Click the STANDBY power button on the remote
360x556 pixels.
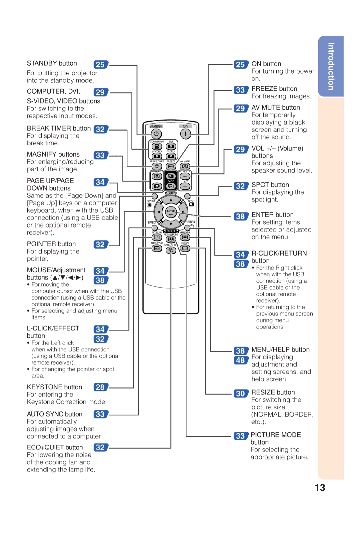coord(156,134)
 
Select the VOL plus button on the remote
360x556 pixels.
coord(185,176)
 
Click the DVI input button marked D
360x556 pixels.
coord(171,147)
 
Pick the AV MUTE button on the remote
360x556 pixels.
coord(185,166)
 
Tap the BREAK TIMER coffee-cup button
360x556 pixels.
coord(157,166)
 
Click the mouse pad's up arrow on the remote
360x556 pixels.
coord(171,200)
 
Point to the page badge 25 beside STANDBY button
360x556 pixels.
coord(101,65)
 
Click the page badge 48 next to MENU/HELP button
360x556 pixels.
coord(241,360)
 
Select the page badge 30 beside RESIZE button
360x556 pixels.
coord(241,393)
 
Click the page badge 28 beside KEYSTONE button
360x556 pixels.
coord(101,387)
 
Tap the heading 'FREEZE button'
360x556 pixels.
coord(274,89)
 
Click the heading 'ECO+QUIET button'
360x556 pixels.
coord(55,447)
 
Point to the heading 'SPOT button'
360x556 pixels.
coord(270,185)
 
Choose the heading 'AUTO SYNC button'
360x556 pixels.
coord(55,414)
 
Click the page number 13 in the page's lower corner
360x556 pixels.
coord(320,488)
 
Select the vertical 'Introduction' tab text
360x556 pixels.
coord(331,66)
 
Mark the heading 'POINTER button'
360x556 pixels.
coord(51,244)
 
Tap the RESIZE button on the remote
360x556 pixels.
coord(185,248)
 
